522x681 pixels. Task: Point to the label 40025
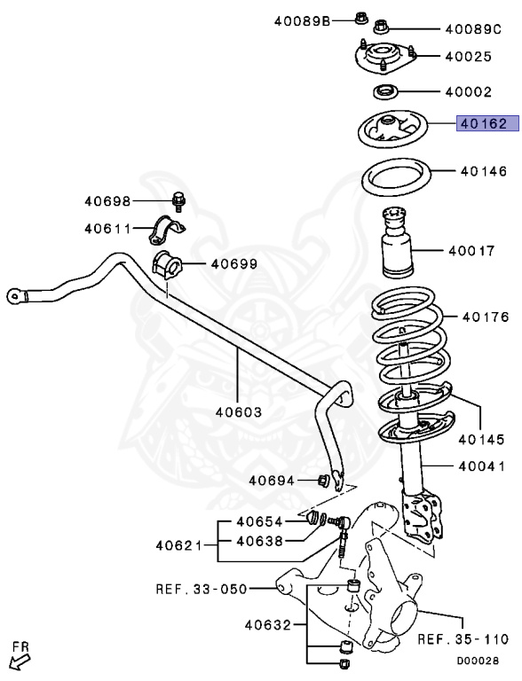[469, 57]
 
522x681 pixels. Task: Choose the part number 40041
[482, 466]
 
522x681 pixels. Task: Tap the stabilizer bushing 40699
[166, 264]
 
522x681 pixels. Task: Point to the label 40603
[237, 411]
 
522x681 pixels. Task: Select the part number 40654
[259, 522]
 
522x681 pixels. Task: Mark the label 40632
[269, 626]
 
